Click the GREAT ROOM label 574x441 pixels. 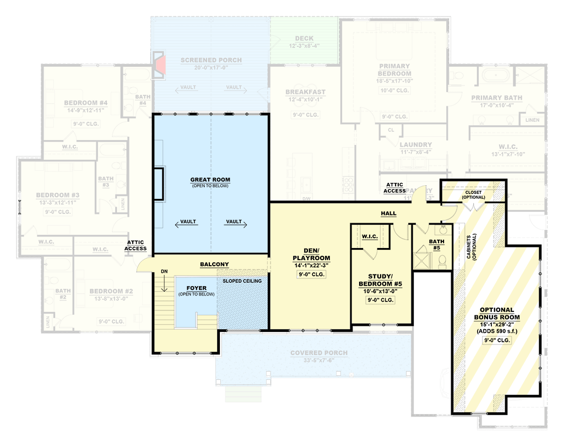[x=210, y=180]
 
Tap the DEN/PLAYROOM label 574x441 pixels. [x=311, y=254]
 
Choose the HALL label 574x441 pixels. [x=388, y=213]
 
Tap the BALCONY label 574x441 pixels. [x=214, y=265]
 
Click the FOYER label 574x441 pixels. [x=196, y=288]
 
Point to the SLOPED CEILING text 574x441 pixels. [x=242, y=281]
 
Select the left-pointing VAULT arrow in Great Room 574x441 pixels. [x=185, y=223]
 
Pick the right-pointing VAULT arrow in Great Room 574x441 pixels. [x=235, y=223]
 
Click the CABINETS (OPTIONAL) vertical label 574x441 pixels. [x=472, y=245]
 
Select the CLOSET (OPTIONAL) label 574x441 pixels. [x=473, y=195]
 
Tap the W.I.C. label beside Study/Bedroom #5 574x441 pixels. [x=369, y=237]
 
